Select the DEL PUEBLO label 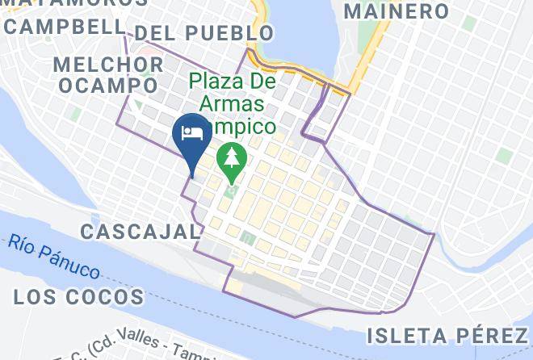204,33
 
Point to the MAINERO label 397,11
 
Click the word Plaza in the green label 222,82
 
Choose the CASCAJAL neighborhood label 140,232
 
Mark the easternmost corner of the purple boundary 434,235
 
